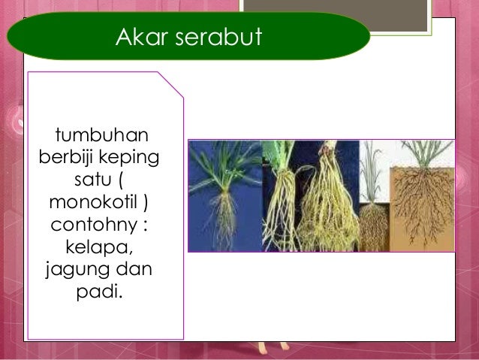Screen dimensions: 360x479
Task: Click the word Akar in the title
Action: (x=139, y=36)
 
